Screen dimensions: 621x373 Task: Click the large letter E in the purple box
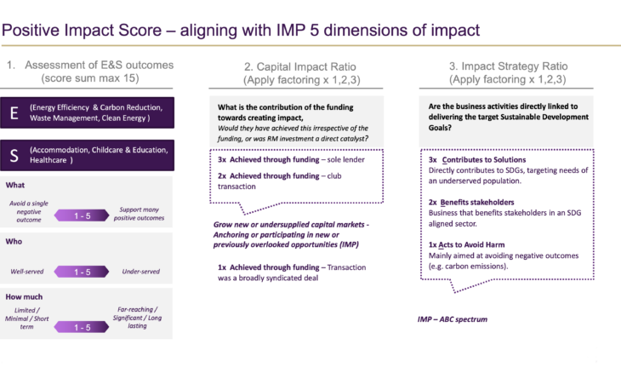14,113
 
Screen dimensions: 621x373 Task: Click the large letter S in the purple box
14,155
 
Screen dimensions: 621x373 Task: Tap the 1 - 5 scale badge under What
82,215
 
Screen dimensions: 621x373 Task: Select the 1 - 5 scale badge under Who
82,272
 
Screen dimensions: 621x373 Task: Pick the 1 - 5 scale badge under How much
82,327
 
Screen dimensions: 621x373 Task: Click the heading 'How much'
24,297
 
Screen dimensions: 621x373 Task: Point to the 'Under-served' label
140,272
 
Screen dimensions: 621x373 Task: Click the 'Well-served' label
27,272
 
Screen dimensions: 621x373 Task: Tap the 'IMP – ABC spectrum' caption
453,319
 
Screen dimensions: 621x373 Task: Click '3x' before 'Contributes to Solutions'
432,160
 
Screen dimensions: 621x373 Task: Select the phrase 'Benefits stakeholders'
477,202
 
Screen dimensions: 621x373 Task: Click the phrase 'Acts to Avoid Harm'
471,245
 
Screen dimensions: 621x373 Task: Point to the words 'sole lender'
345,160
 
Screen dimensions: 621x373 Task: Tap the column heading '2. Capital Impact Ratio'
300,66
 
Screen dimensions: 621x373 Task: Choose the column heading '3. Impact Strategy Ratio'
508,66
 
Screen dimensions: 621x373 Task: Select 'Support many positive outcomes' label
139,214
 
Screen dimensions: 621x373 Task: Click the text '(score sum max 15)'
90,78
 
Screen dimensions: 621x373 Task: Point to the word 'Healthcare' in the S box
48,160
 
